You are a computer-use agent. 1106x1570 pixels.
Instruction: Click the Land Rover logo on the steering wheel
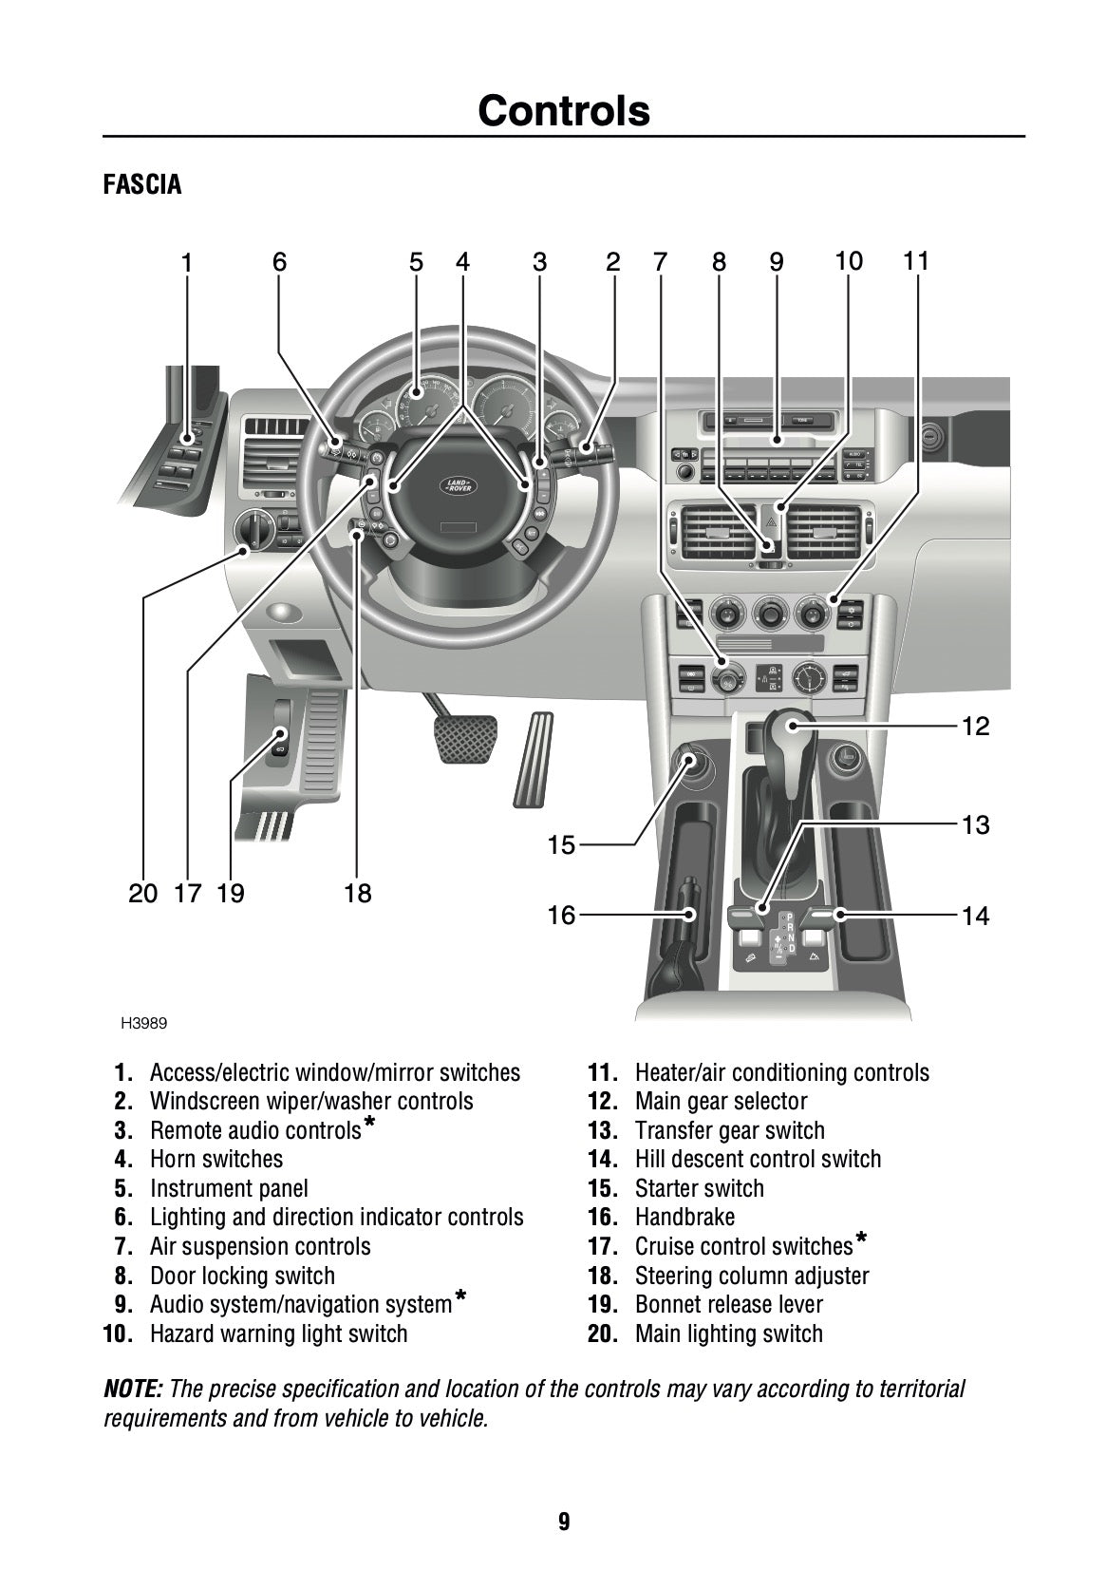point(459,485)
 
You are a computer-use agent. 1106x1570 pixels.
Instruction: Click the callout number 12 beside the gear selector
point(975,728)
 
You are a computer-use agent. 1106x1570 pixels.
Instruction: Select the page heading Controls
point(564,111)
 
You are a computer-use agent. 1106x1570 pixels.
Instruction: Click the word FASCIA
point(142,184)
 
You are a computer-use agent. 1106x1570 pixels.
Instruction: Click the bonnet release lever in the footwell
point(280,741)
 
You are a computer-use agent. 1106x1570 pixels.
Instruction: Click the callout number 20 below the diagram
point(142,894)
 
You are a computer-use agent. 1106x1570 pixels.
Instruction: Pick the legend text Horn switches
point(216,1160)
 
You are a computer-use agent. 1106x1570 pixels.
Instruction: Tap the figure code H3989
point(144,1024)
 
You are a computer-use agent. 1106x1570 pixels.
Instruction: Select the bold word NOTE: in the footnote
point(133,1390)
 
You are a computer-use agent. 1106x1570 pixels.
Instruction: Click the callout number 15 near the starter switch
point(562,844)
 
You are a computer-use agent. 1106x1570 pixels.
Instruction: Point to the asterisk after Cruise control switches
point(861,1239)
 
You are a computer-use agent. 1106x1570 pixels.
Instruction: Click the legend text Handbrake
point(684,1218)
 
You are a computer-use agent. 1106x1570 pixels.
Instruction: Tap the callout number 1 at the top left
point(187,263)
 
